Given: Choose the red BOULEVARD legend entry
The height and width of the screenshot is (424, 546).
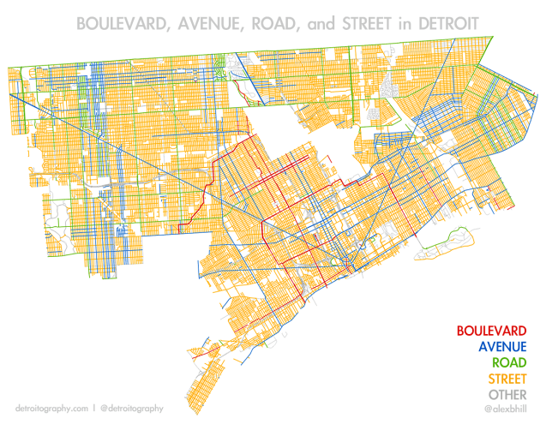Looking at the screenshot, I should [x=492, y=331].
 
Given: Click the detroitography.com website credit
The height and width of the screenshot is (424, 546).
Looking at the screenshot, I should [x=52, y=409].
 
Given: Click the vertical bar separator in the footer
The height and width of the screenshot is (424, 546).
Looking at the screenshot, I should [x=94, y=409].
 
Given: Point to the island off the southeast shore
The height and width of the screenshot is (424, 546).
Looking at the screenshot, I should [x=446, y=240].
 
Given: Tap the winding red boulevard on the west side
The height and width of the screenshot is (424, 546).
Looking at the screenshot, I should [x=199, y=206].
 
